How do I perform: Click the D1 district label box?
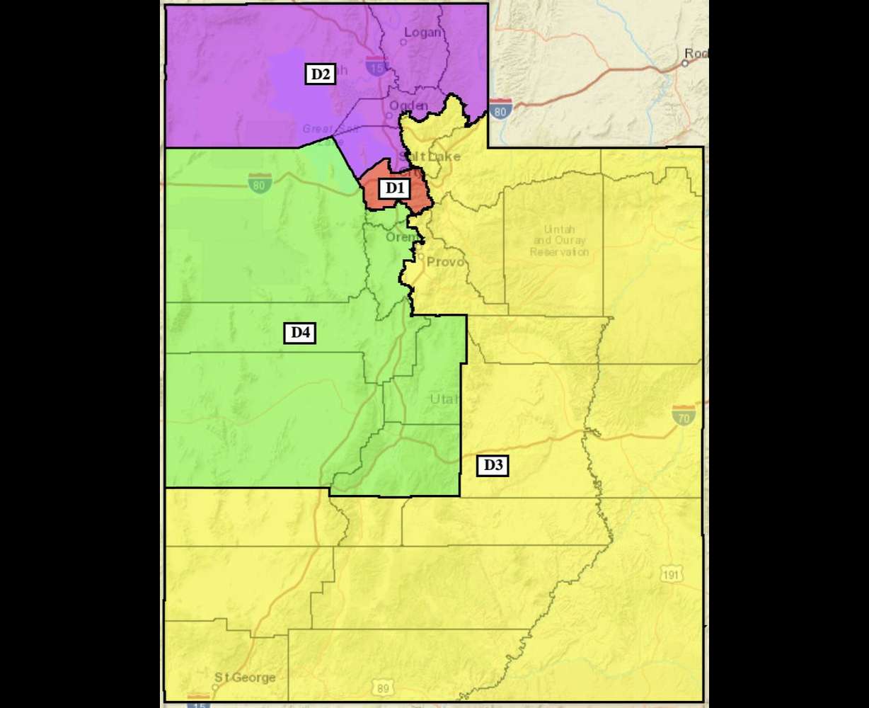coord(394,188)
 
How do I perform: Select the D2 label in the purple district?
coord(321,74)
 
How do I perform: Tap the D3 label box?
coord(493,465)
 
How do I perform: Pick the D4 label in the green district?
coord(300,332)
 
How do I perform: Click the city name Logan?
coord(422,32)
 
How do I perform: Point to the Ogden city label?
coord(408,105)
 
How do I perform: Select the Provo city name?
coord(445,262)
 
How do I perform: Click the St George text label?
coord(245,678)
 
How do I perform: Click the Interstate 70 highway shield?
coord(684,414)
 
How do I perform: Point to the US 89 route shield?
coord(382,687)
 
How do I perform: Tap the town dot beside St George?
coord(215,687)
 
